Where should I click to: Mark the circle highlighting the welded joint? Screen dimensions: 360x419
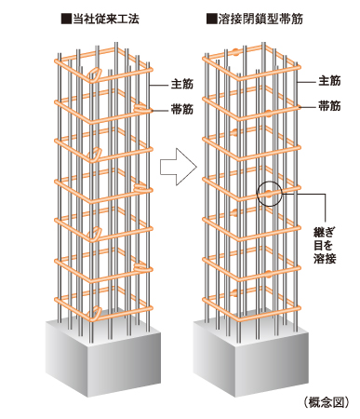(269, 193)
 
